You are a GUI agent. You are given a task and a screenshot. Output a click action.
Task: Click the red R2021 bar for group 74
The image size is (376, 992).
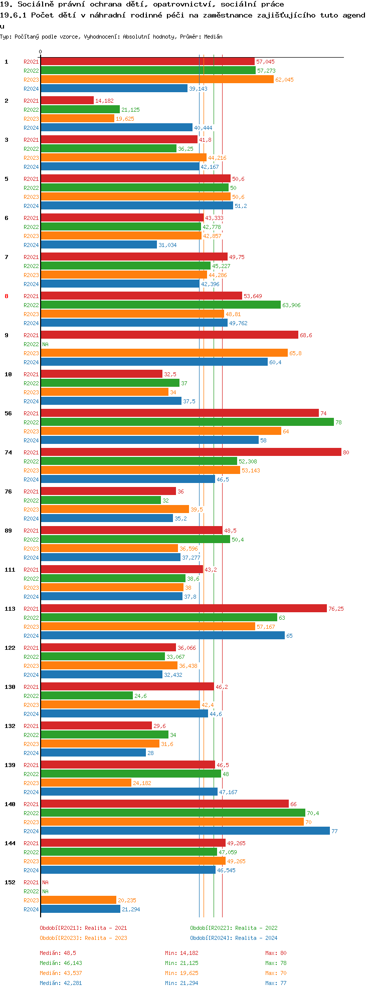pyautogui.click(x=191, y=452)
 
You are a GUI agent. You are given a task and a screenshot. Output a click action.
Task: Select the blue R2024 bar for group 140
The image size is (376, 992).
pyautogui.click(x=185, y=831)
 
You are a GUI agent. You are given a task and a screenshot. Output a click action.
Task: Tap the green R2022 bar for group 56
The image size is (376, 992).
pyautogui.click(x=187, y=422)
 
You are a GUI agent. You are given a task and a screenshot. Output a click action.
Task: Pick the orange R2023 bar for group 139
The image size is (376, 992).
pyautogui.click(x=86, y=783)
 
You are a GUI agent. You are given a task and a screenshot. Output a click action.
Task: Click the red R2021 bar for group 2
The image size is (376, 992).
pyautogui.click(x=67, y=101)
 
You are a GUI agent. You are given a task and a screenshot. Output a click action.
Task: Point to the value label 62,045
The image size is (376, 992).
pyautogui.click(x=284, y=80)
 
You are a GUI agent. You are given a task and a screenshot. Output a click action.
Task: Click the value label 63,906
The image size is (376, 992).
pyautogui.click(x=291, y=305)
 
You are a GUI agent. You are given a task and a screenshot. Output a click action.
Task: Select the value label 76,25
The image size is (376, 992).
pyautogui.click(x=336, y=609)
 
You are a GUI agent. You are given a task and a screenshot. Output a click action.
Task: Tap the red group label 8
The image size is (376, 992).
pyautogui.click(x=7, y=296)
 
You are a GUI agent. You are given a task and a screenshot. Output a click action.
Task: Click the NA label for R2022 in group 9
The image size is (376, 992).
pyautogui.click(x=45, y=344)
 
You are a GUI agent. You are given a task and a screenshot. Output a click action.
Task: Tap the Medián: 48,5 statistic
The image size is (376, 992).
pyautogui.click(x=58, y=953)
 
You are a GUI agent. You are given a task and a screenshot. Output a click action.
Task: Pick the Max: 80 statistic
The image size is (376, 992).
pyautogui.click(x=276, y=953)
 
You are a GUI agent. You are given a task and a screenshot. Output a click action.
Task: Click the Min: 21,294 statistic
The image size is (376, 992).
pyautogui.click(x=181, y=983)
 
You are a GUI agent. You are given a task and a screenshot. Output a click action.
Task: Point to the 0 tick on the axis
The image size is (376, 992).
pyautogui.click(x=41, y=52)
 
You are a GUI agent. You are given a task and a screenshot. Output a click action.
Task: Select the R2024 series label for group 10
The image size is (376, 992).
pyautogui.click(x=31, y=401)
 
